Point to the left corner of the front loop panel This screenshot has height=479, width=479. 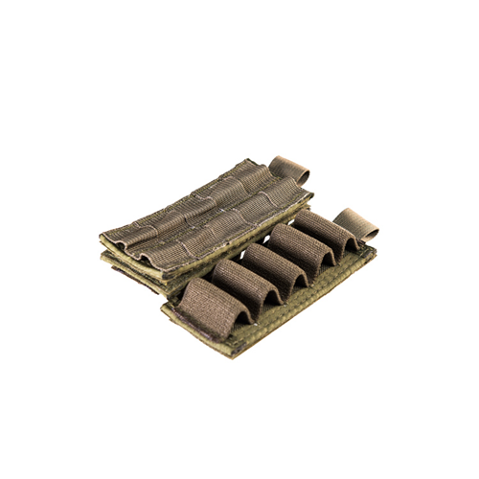click(x=165, y=308)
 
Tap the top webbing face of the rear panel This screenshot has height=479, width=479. click(x=206, y=206)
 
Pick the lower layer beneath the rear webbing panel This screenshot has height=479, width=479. click(x=144, y=271)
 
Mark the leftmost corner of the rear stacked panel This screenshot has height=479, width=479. click(x=100, y=235)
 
